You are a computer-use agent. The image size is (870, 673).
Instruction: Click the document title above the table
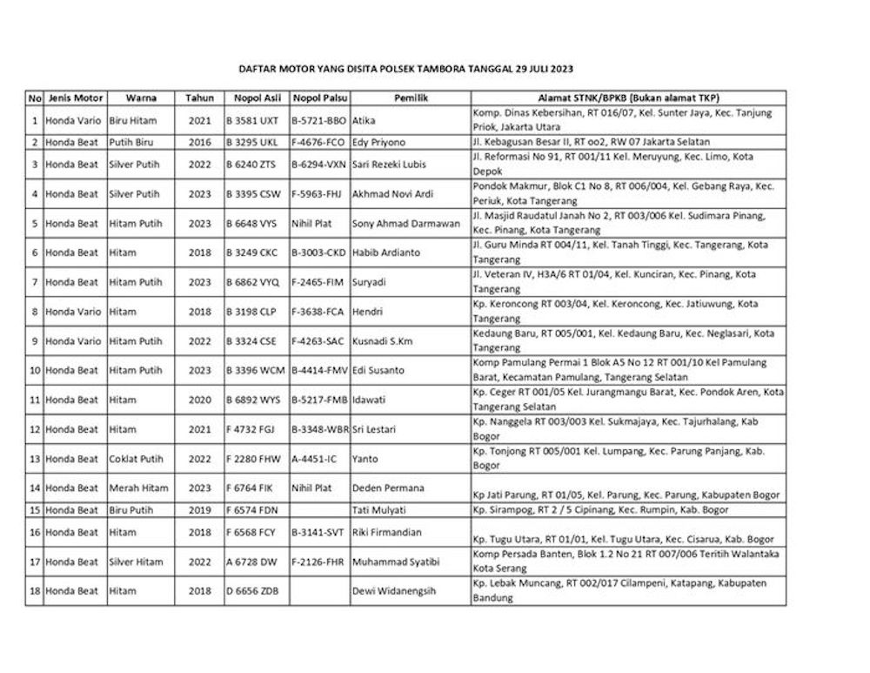(406, 68)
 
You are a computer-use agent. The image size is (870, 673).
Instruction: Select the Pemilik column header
(410, 98)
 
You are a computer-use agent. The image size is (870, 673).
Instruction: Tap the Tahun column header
(199, 98)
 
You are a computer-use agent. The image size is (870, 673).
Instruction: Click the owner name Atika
(365, 120)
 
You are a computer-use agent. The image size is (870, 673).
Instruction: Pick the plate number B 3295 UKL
(251, 142)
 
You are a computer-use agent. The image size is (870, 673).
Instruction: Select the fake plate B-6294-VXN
(319, 164)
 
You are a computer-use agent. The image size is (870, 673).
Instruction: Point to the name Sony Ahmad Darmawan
(406, 224)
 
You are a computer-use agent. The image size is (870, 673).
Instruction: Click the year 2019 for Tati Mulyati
(199, 510)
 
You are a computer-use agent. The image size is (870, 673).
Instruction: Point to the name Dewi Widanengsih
(394, 592)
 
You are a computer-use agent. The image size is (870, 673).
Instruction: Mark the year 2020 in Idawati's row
(199, 400)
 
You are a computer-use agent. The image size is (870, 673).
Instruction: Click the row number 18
(35, 592)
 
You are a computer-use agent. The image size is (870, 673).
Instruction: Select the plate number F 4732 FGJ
(251, 429)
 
